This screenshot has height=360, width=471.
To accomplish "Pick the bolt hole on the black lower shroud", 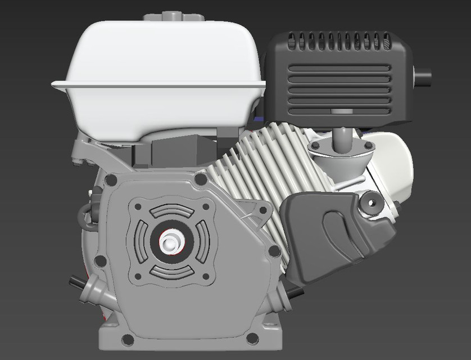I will (x=370, y=201).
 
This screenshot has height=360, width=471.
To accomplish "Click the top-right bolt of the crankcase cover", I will (x=200, y=180).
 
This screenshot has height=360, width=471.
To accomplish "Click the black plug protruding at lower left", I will (x=76, y=280).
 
